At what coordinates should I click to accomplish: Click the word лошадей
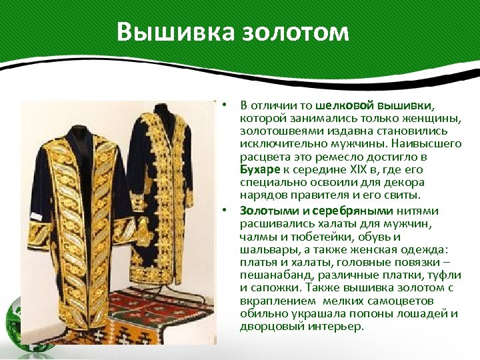coord(425,314)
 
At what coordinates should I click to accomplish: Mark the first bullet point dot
coord(226,105)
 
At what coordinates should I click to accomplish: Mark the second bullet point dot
coord(226,210)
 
